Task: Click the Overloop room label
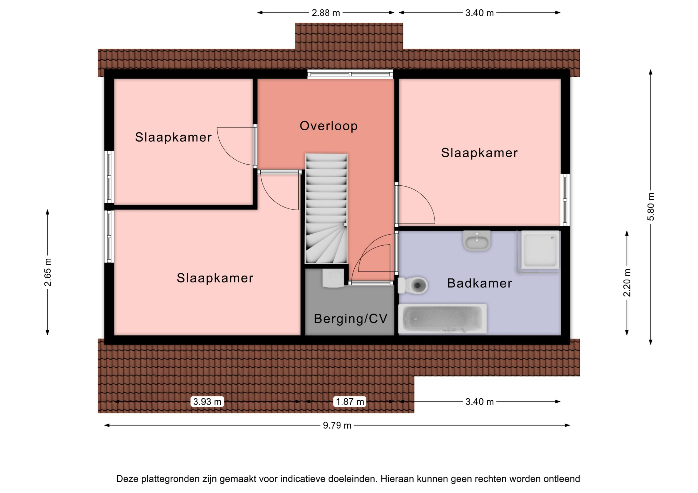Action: tap(329, 126)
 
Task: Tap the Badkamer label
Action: tap(479, 283)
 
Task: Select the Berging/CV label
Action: tap(350, 319)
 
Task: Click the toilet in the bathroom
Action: tap(413, 285)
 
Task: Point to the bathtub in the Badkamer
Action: tap(442, 319)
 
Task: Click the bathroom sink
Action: tap(477, 240)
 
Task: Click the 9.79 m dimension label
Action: tap(337, 425)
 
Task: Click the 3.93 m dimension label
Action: tap(207, 401)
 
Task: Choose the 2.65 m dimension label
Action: tap(48, 272)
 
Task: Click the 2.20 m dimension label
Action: tap(627, 283)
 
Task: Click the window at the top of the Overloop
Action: tap(350, 74)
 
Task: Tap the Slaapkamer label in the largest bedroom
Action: tap(215, 278)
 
